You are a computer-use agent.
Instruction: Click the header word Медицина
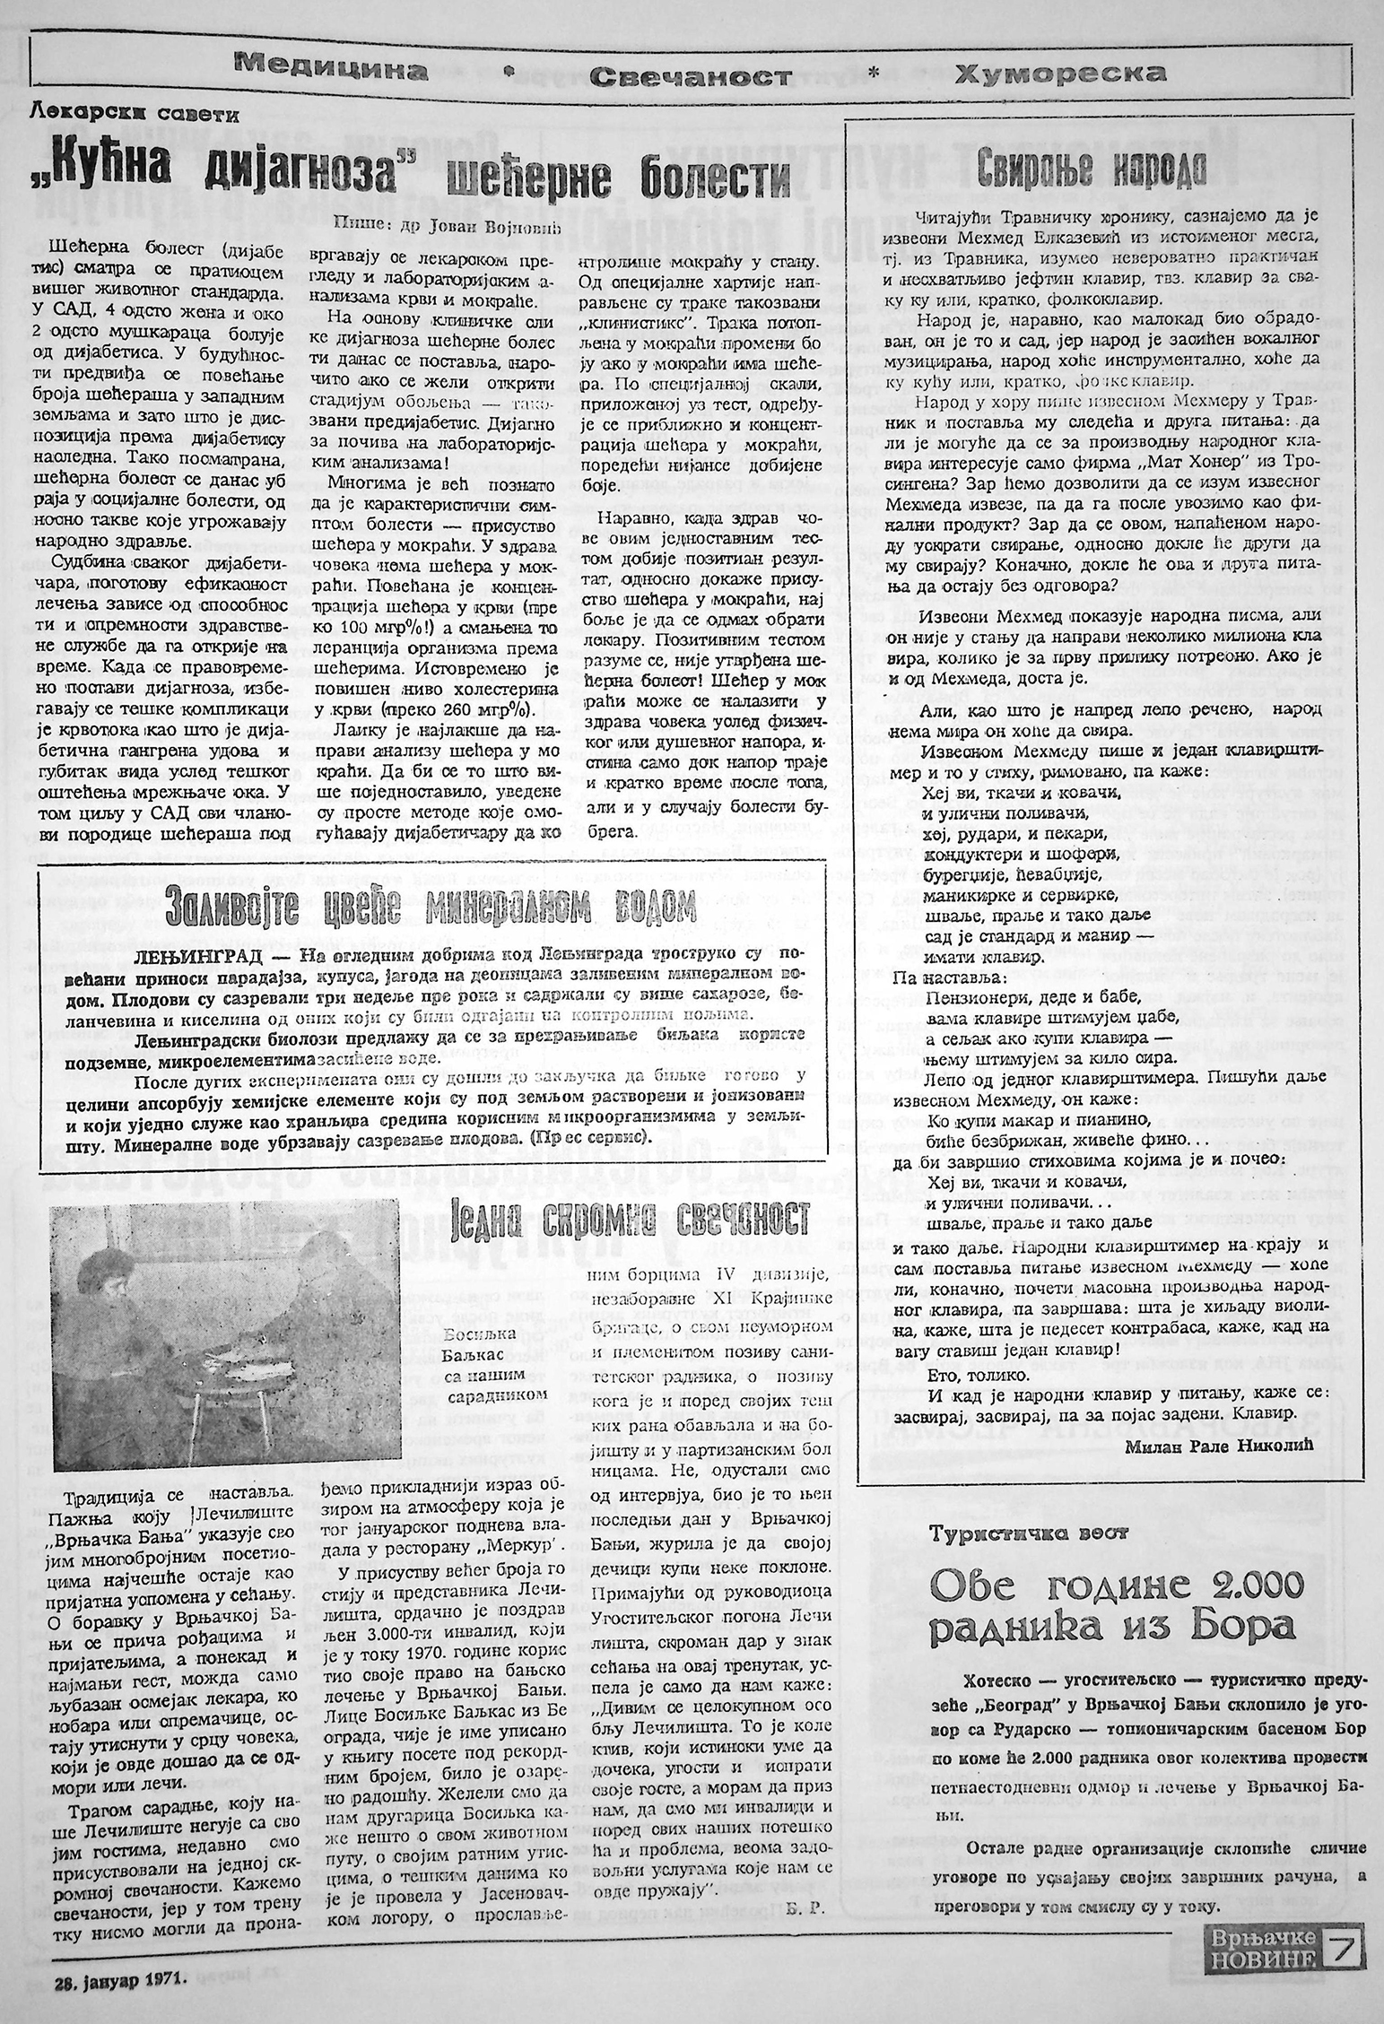point(325,68)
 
